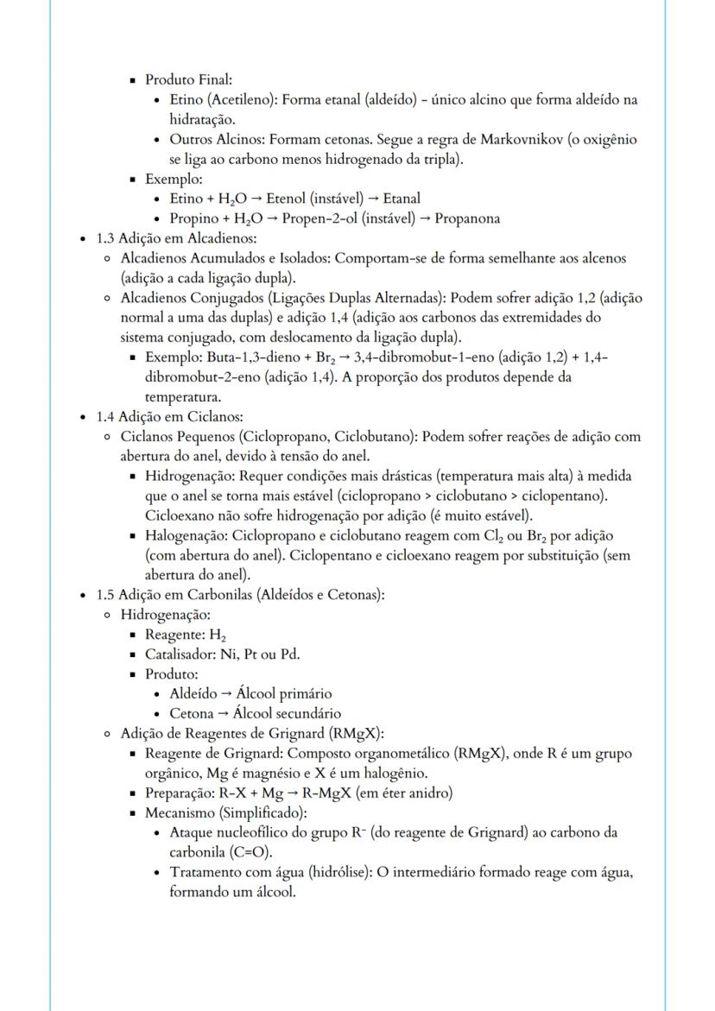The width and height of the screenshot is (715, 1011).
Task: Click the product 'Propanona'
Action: (467, 218)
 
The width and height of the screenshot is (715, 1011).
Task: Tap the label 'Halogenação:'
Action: (186, 535)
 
